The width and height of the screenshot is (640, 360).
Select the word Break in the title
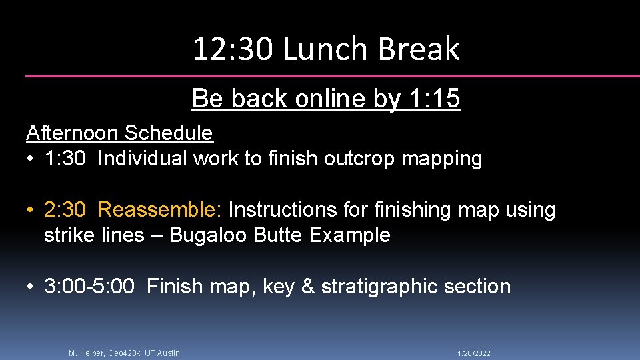(419, 49)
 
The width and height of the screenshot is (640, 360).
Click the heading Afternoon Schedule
(119, 133)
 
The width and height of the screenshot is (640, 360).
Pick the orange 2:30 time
(65, 210)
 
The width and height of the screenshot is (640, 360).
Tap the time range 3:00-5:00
(89, 287)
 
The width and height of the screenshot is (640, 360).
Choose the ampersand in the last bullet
(308, 287)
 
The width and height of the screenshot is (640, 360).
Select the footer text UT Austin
(161, 353)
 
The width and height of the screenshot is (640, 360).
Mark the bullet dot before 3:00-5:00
(31, 287)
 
